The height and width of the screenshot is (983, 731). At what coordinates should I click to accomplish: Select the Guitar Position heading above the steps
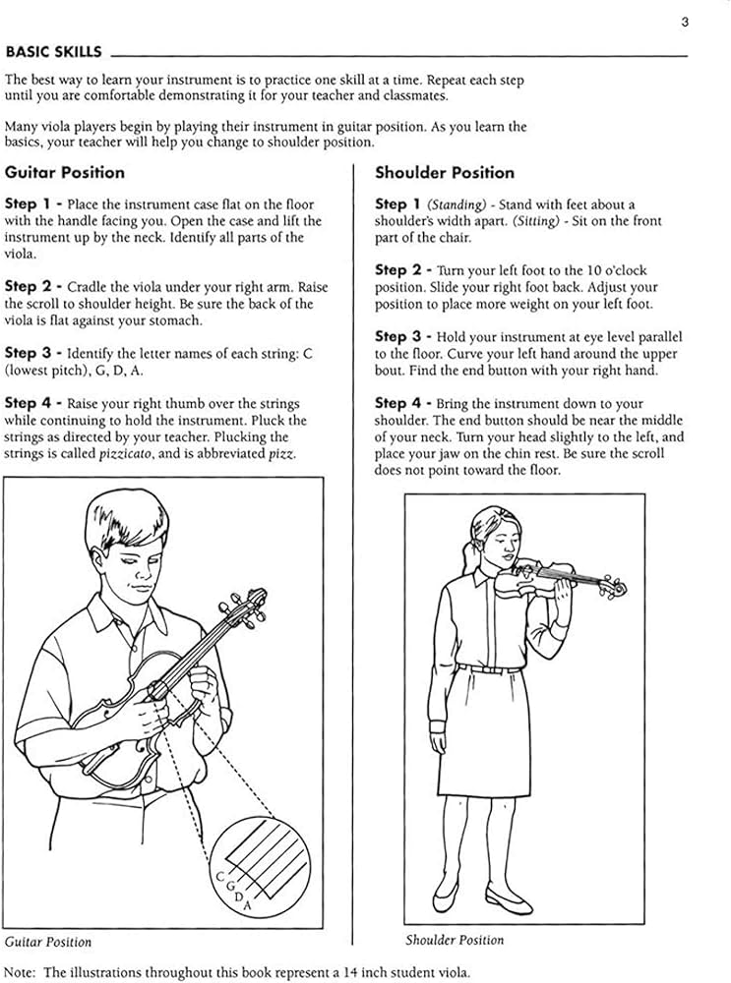tap(65, 173)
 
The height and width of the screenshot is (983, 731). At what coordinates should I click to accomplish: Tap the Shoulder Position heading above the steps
tap(445, 173)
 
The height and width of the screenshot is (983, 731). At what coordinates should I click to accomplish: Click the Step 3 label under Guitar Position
tap(34, 352)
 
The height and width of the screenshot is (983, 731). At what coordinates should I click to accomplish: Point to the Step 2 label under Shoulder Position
tap(404, 269)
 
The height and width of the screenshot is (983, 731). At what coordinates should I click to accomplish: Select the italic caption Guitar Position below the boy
tap(48, 942)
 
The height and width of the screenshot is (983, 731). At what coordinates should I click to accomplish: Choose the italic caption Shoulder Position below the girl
tap(455, 940)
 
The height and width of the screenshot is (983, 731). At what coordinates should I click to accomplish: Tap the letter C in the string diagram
tap(218, 875)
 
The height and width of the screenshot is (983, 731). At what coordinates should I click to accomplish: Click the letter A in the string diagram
tap(247, 905)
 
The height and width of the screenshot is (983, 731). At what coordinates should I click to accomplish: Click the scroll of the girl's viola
tap(617, 589)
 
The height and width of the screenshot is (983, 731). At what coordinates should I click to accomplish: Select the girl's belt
tap(489, 668)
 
